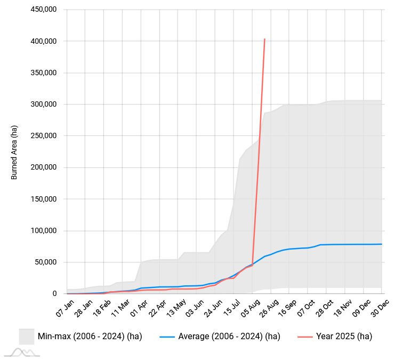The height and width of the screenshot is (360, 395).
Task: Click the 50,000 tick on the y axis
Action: point(46,262)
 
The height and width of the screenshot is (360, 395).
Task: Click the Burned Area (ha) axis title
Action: point(14,152)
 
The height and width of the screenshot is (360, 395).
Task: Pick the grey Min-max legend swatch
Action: point(27,337)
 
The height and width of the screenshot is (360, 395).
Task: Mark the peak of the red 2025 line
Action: point(264,39)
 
